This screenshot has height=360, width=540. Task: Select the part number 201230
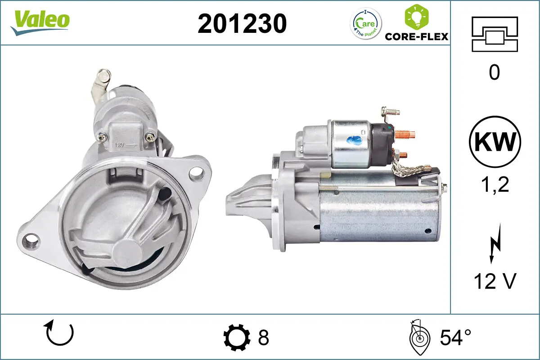coord(242,23)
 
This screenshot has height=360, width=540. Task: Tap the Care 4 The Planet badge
coord(365,23)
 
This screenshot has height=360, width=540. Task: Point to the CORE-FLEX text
coord(417,36)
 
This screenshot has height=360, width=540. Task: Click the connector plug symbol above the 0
coord(495,34)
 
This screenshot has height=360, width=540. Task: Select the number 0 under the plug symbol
coord(494,72)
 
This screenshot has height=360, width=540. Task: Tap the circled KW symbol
coord(495,142)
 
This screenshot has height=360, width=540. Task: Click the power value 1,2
coord(494,184)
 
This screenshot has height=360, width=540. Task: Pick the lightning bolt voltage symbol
coord(494,248)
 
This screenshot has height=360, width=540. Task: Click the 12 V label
coord(494,281)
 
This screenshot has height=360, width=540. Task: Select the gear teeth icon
coord(237,337)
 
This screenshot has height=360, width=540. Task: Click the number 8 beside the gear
coord(263,337)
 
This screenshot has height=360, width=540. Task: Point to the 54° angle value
coord(455,337)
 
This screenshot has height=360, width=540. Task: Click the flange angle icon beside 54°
coord(418,337)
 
